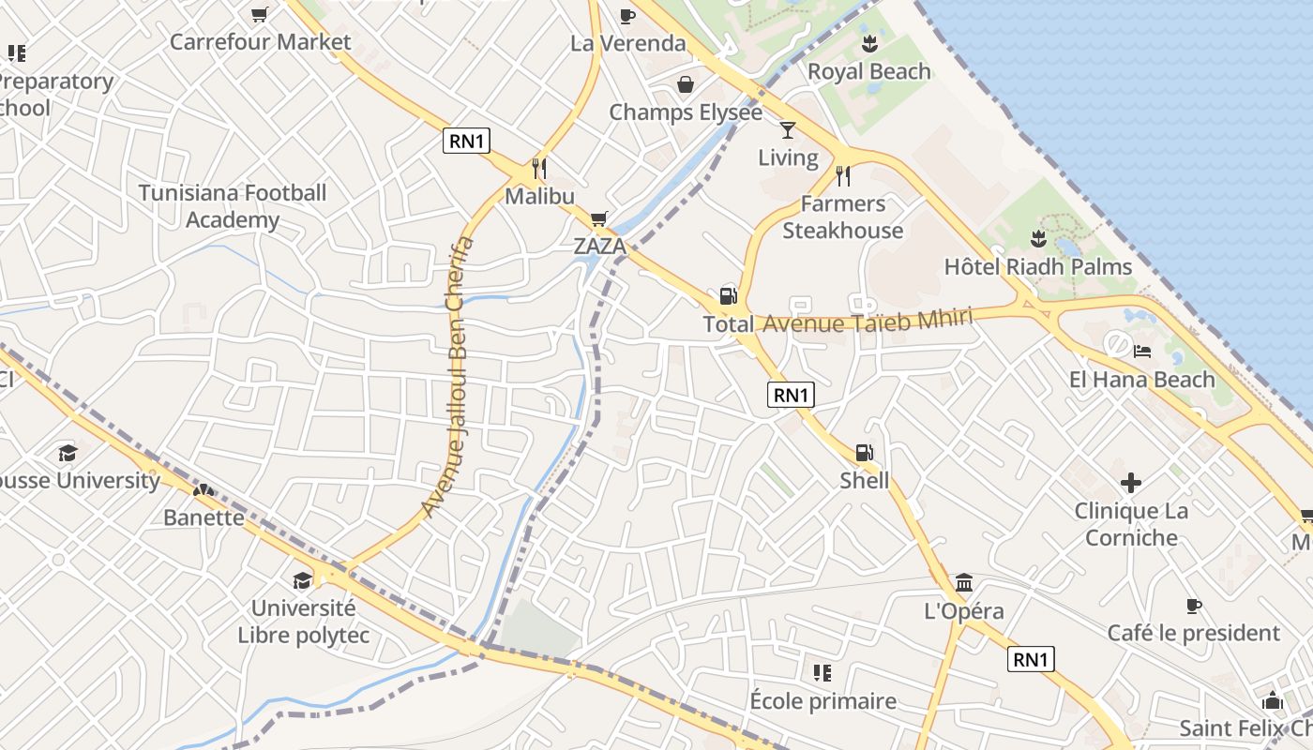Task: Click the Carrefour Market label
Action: [260, 42]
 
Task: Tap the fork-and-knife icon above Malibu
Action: [539, 169]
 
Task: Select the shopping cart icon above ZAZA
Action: [598, 218]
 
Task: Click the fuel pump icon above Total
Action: [729, 296]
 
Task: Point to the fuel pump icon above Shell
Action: [864, 453]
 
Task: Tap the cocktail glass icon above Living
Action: [788, 129]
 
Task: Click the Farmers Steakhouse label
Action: [842, 217]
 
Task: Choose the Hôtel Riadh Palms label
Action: [1037, 267]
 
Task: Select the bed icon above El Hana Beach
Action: [1142, 352]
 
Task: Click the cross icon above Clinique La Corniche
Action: [1131, 484]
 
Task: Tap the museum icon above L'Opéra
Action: [964, 583]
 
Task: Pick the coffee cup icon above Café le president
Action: [1193, 606]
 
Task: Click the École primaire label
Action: [823, 700]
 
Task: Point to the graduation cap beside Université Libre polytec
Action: [302, 580]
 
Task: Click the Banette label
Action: [204, 517]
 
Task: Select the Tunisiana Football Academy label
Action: [232, 206]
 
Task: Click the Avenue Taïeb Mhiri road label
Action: [867, 321]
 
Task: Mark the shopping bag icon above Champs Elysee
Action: [686, 84]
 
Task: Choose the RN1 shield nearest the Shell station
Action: [791, 395]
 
